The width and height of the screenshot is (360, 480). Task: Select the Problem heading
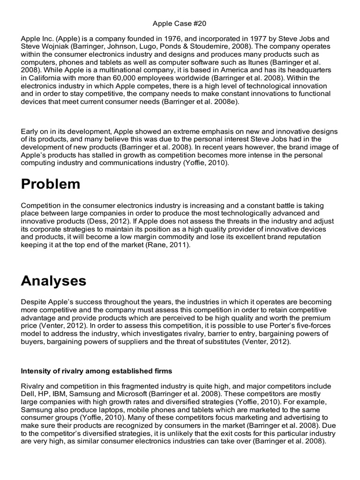(x=51, y=184)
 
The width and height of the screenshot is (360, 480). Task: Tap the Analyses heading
(x=53, y=281)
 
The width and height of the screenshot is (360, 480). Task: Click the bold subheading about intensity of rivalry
(x=97, y=371)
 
